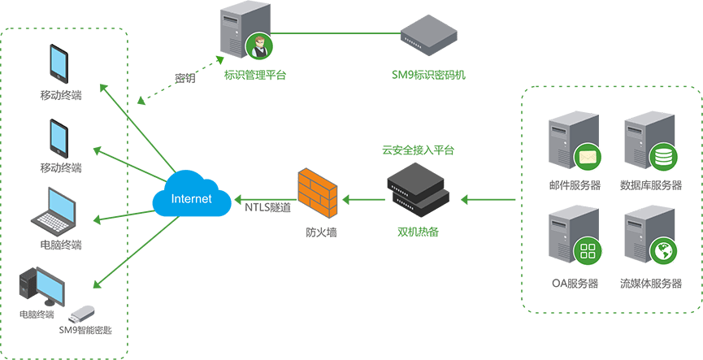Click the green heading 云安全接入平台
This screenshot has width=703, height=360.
pyautogui.click(x=418, y=150)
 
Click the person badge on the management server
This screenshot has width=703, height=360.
pyautogui.click(x=260, y=47)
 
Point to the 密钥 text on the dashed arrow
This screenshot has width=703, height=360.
pyautogui.click(x=184, y=79)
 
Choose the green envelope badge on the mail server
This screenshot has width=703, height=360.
pyautogui.click(x=586, y=156)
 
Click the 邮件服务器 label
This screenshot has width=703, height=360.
pyautogui.click(x=575, y=185)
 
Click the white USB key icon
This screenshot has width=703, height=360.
pyautogui.click(x=85, y=312)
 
